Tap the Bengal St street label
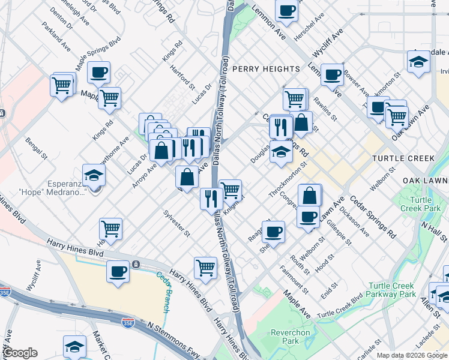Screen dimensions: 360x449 point(35,149)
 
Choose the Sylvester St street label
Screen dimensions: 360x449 point(176,223)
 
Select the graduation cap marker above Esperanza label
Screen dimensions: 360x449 point(94,175)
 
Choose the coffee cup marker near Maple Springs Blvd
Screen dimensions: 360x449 point(99,72)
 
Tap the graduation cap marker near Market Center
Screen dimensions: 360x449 point(75,346)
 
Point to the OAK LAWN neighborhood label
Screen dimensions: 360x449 point(426,181)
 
